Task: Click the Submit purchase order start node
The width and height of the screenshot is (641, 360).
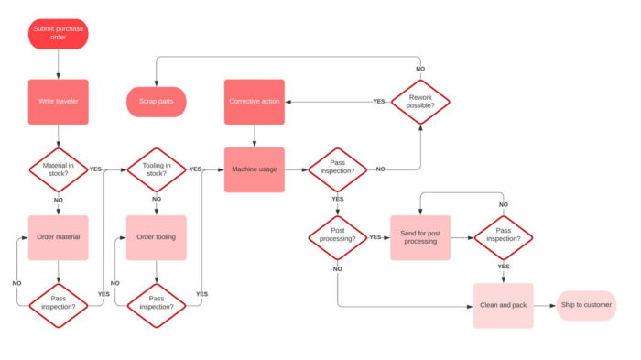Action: point(58,34)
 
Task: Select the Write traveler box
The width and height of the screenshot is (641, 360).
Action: point(58,101)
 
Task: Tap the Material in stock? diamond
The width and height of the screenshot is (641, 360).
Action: point(58,169)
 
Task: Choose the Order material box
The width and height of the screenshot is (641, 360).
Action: point(58,237)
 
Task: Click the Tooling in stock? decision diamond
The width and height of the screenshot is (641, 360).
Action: point(157,169)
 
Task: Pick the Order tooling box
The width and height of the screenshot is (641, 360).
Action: point(157,237)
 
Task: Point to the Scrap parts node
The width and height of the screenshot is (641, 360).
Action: point(157,101)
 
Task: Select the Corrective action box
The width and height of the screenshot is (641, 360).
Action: point(254,101)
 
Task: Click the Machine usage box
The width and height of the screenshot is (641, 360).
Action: point(254,169)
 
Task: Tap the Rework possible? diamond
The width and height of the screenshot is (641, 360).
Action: point(420,101)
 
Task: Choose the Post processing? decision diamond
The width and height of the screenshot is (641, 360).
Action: point(337,237)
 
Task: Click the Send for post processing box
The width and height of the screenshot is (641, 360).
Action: point(420,237)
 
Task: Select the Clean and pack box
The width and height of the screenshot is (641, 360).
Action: point(503,305)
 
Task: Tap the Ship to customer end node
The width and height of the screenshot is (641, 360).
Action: point(586,305)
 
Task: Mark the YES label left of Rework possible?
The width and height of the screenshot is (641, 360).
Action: point(378,101)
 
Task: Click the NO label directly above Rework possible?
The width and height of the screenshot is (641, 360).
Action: point(420,69)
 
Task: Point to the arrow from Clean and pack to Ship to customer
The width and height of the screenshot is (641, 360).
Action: point(544,305)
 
